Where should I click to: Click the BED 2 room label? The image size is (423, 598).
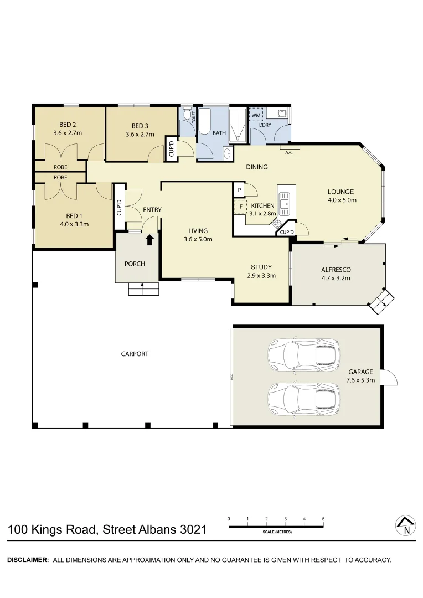[x=68, y=125]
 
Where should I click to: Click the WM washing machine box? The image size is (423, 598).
[x=256, y=115]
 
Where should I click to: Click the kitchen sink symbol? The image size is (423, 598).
[x=285, y=202]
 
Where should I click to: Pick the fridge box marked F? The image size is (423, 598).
[x=240, y=207]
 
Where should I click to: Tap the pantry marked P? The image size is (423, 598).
[x=239, y=190]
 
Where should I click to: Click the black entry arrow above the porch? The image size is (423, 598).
[x=149, y=240]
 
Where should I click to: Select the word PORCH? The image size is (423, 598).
[x=135, y=264]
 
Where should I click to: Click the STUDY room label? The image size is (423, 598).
[x=261, y=267]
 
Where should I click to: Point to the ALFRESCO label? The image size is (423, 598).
[x=336, y=270]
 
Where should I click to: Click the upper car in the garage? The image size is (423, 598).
[x=303, y=354]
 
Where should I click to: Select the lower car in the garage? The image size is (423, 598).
[x=303, y=397]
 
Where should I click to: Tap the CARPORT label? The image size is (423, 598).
[x=135, y=354]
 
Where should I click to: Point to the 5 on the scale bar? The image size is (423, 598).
[x=323, y=519]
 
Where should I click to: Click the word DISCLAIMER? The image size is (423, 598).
[x=28, y=560]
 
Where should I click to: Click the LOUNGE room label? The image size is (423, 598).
[x=341, y=192]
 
